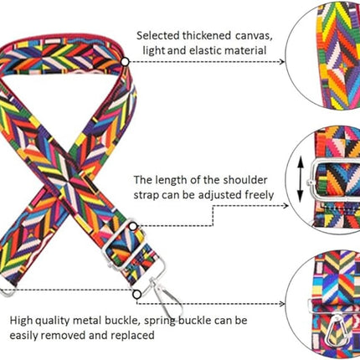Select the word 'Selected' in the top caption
coord(157,35)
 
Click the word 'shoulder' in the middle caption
coord(245,180)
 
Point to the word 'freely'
coord(260,195)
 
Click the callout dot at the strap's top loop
coord(125,62)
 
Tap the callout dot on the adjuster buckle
coord(133,226)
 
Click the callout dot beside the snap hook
coord(136,294)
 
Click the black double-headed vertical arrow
coord(301,179)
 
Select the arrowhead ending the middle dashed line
coord(285,206)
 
